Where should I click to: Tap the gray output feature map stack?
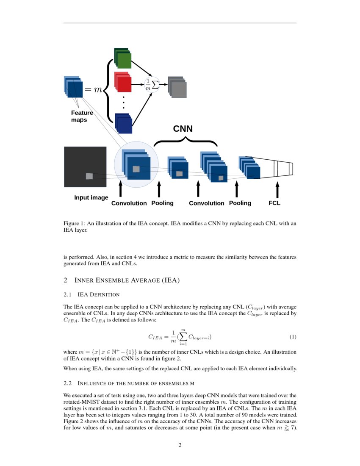(x=177, y=88)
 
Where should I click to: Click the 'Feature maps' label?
(x=82, y=116)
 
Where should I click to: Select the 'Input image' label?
(x=91, y=197)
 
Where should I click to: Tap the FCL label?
(x=274, y=203)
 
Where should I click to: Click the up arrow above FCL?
(x=277, y=189)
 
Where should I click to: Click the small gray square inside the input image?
(x=89, y=176)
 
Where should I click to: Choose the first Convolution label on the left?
(x=129, y=203)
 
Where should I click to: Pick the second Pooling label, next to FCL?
(x=240, y=203)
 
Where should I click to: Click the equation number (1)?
(x=293, y=337)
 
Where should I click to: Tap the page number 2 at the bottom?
(x=180, y=445)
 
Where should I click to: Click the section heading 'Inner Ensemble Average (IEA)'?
(x=127, y=280)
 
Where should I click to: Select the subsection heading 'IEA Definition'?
(x=99, y=294)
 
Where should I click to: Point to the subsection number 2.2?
(x=68, y=383)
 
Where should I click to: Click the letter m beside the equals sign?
(x=98, y=90)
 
